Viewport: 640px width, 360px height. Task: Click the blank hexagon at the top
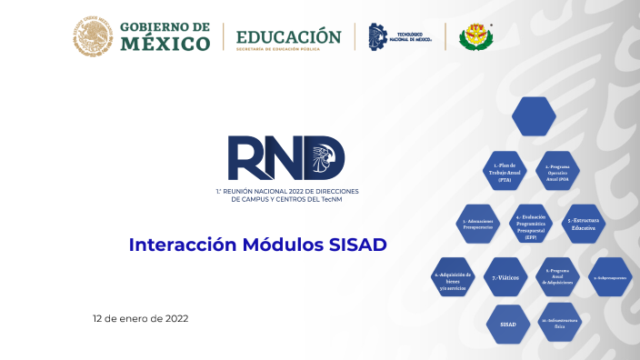(x=534, y=116)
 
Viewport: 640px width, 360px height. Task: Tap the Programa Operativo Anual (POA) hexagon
(x=557, y=171)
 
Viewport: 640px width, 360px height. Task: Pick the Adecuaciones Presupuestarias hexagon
(x=478, y=223)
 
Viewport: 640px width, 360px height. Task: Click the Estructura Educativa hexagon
(x=582, y=223)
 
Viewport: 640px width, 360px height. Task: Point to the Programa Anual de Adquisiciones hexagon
(x=557, y=276)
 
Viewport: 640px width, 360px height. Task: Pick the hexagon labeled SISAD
(x=508, y=324)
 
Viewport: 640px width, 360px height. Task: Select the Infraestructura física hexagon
(x=557, y=324)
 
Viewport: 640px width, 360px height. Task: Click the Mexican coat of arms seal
(x=93, y=35)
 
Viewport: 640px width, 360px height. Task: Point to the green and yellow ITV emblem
(x=476, y=36)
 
